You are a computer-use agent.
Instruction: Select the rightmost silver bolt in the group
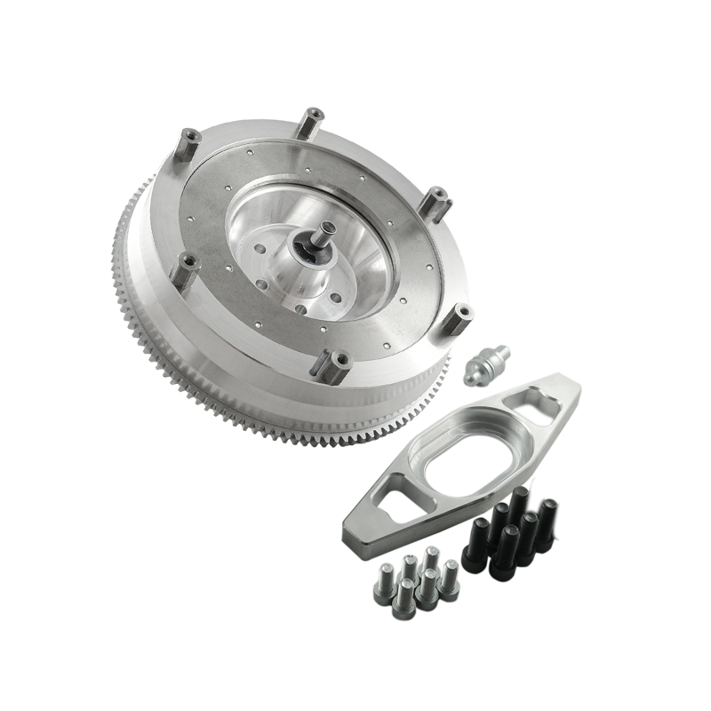pos(451,572)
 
